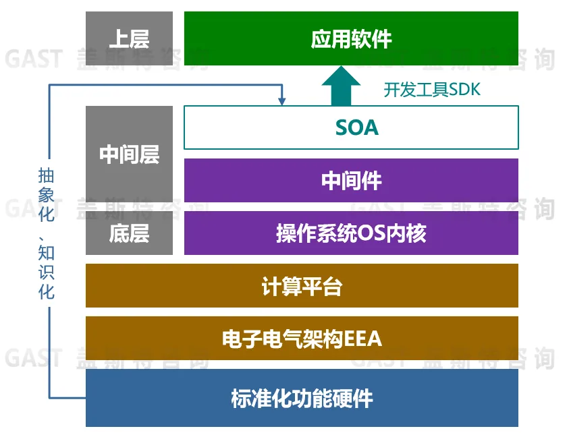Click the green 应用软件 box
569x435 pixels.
pos(351,38)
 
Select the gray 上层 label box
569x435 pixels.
pos(129,38)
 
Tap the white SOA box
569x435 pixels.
pos(351,127)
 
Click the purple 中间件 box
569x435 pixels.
pos(351,180)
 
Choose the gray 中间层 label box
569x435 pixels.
pos(129,154)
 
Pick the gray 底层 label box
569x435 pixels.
pos(129,233)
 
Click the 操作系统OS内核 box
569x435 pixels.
pos(351,233)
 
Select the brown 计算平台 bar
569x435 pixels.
pos(302,286)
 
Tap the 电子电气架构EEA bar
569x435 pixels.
pos(302,338)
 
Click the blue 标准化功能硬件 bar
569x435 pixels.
pos(302,397)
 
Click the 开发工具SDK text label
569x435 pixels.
pos(432,89)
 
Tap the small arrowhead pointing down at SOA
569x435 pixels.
pos(281,101)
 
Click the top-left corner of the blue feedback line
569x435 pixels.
pos(50,86)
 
